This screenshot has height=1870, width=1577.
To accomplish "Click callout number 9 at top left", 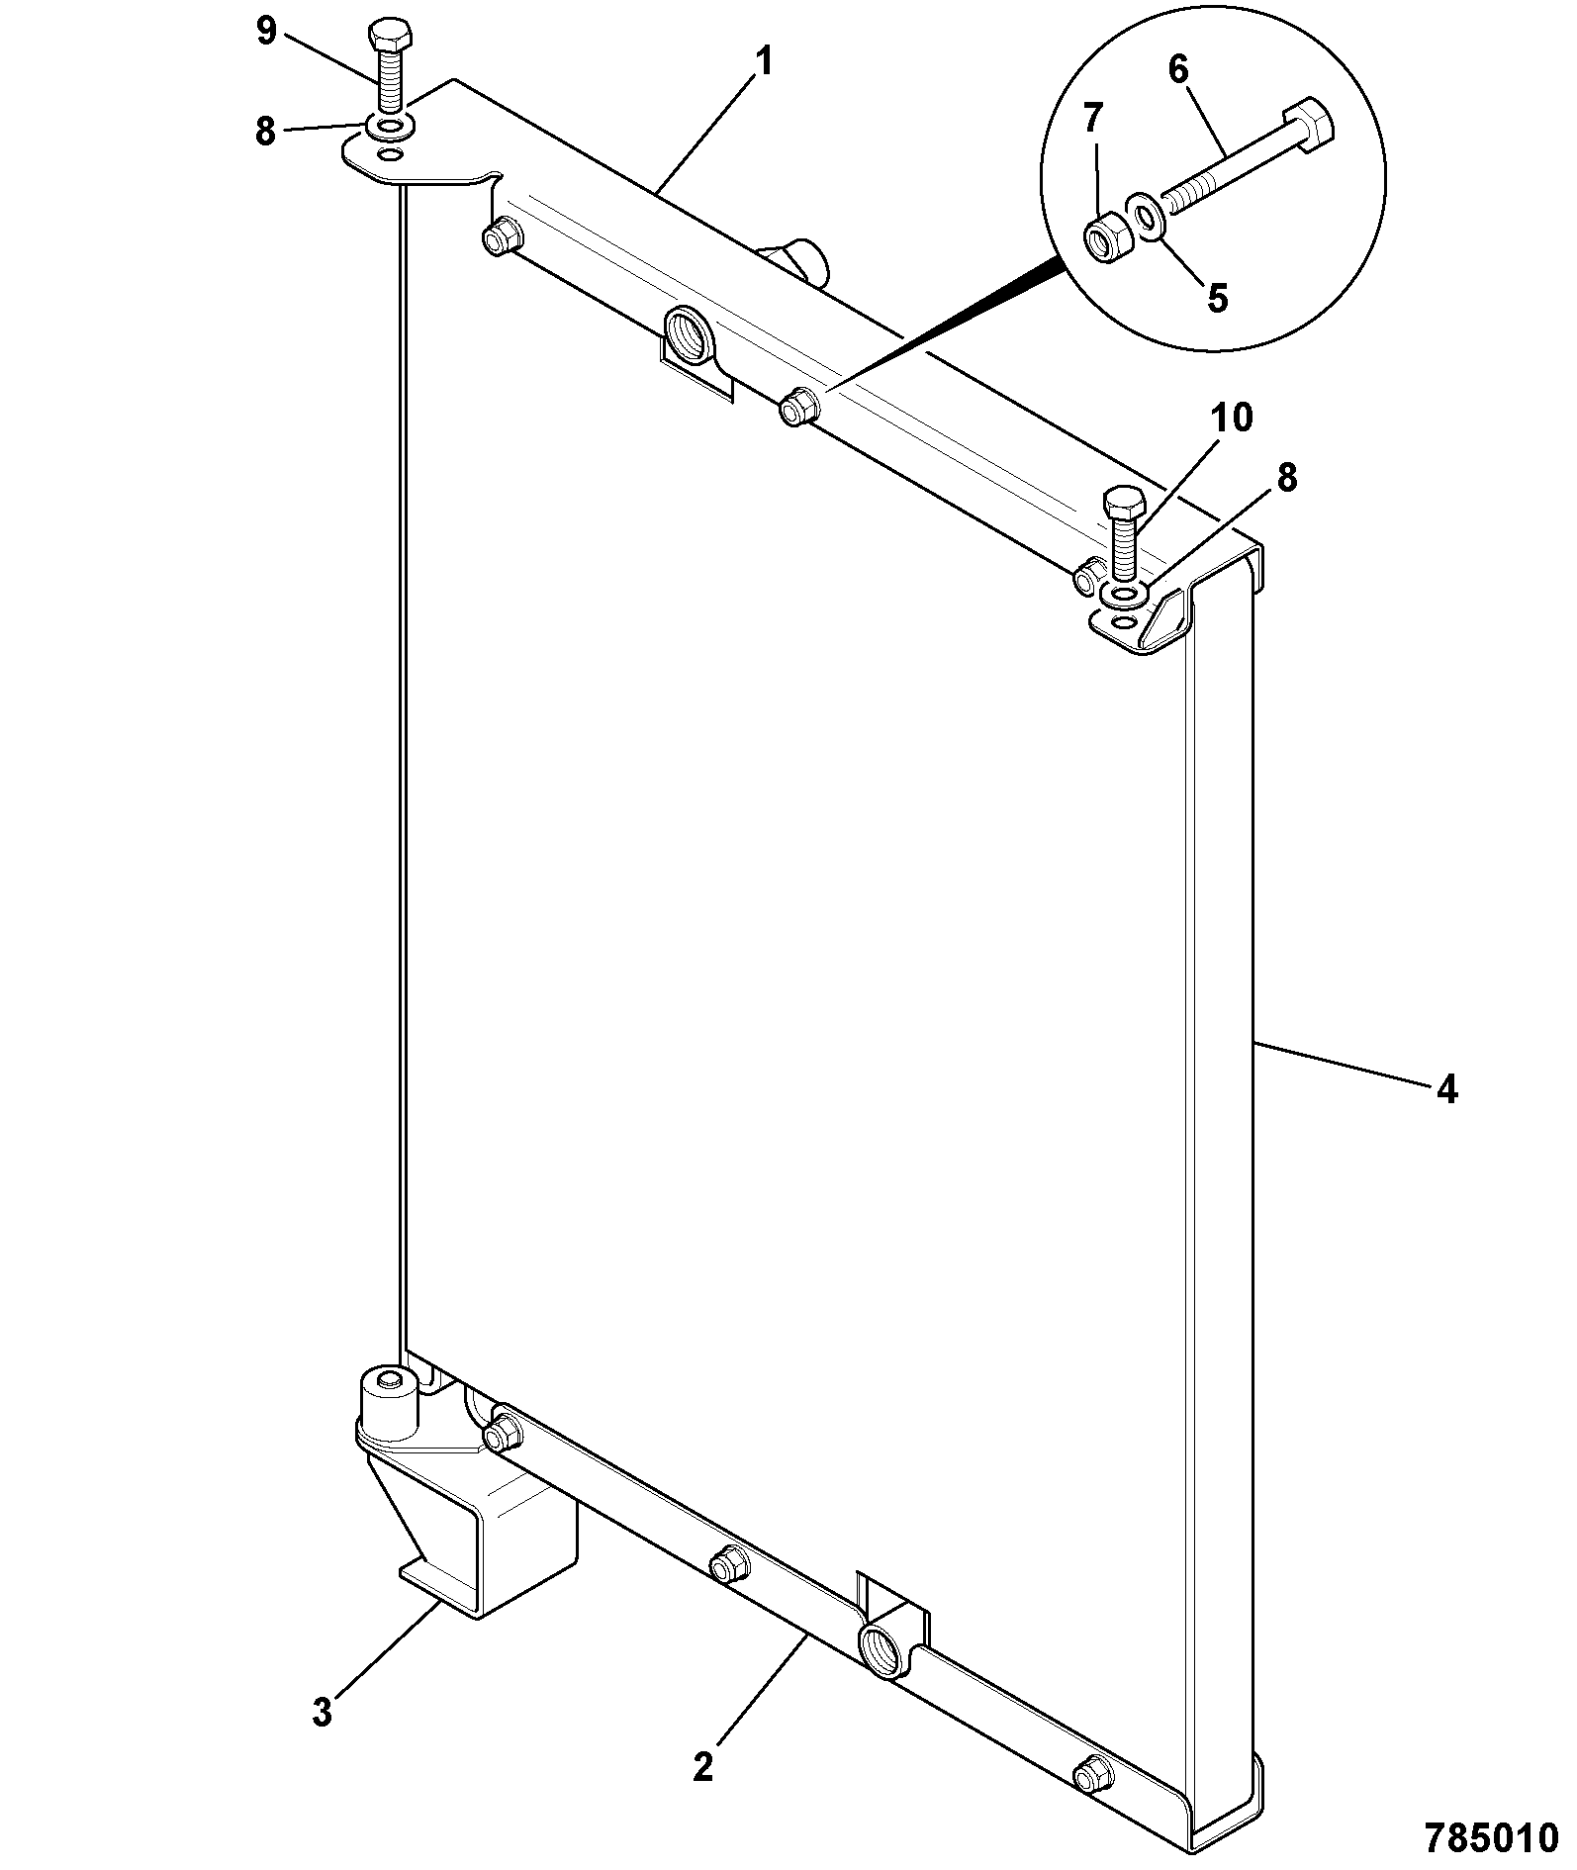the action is pos(266,32).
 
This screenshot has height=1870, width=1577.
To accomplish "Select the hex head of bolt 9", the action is pos(382,38).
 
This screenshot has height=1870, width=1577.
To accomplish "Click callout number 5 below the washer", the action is pos(1217,297).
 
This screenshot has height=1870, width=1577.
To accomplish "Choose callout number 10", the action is pos(1230,418).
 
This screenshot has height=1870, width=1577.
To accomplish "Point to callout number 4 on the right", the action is pos(1446,1089).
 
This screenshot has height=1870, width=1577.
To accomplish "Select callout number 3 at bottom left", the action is pos(322,1713).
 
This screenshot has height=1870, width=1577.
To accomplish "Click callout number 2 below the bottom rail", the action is pos(702,1767).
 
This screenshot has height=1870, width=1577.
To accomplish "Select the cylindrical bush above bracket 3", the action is pos(390,1402).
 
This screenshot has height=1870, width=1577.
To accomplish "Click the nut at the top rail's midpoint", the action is pos(795,407).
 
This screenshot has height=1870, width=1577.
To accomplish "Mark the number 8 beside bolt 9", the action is pos(265,131).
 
